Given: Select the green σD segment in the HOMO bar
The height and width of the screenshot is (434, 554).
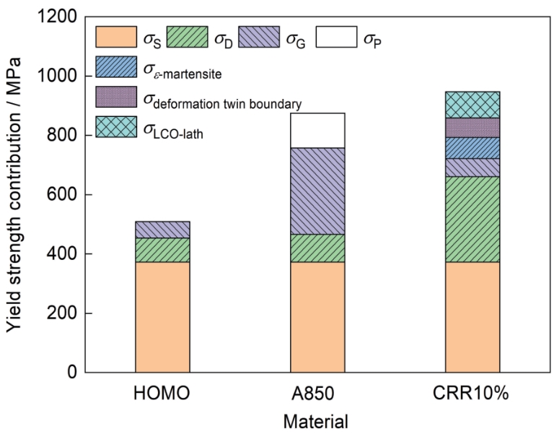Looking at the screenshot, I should pyautogui.click(x=162, y=250).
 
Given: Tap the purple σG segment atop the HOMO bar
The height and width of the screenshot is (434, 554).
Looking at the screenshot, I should pyautogui.click(x=162, y=230).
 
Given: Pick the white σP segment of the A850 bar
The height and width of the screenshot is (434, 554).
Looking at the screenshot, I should pyautogui.click(x=317, y=131).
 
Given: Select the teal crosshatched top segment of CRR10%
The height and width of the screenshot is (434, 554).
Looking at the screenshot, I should pyautogui.click(x=472, y=105).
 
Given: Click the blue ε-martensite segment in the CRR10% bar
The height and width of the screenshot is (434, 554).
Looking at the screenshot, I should pyautogui.click(x=472, y=147).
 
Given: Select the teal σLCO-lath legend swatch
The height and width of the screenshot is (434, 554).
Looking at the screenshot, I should pyautogui.click(x=116, y=126).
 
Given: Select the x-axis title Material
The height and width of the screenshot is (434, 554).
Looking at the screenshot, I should pyautogui.click(x=318, y=420).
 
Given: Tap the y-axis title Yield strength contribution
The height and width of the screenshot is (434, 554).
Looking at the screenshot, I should pyautogui.click(x=15, y=195).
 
